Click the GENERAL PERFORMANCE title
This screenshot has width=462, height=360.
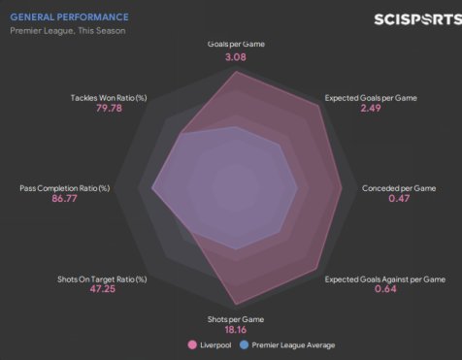69,17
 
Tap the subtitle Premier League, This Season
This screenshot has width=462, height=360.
68,31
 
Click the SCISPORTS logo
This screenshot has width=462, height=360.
418,19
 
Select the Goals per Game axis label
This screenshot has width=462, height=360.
236,44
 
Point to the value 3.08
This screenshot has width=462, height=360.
236,57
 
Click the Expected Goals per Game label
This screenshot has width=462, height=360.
371,98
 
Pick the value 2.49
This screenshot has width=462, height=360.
371,108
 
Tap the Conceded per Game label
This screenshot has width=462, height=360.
399,188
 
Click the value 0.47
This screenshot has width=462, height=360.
399,198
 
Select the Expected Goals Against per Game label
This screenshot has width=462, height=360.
385,279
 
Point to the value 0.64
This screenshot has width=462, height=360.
385,289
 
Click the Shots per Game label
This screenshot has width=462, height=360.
236,319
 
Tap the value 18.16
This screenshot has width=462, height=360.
236,330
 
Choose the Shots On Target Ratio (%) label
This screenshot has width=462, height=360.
102,279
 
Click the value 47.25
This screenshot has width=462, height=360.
102,289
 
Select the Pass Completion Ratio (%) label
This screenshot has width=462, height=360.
65,188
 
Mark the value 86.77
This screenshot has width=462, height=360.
64,198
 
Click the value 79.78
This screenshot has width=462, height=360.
109,108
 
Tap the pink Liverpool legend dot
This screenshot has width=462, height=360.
192,345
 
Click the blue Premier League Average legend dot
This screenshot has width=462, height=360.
244,345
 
